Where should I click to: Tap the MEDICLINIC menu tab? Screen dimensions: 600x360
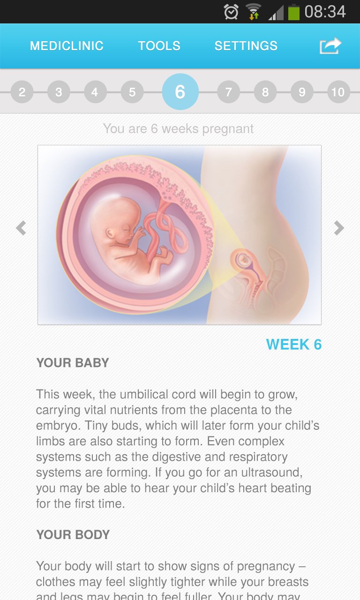pyautogui.click(x=67, y=46)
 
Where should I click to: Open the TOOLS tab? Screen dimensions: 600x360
pyautogui.click(x=159, y=46)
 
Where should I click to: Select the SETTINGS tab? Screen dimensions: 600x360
pyautogui.click(x=246, y=46)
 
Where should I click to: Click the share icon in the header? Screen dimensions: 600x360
pyautogui.click(x=330, y=46)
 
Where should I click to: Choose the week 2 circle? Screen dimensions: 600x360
pyautogui.click(x=22, y=92)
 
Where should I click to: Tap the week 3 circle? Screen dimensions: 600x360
pyautogui.click(x=59, y=92)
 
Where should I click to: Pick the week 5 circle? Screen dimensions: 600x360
pyautogui.click(x=132, y=92)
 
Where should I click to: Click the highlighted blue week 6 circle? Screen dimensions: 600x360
pyautogui.click(x=180, y=92)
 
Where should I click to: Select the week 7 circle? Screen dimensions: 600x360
pyautogui.click(x=228, y=92)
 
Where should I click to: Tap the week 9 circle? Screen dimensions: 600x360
pyautogui.click(x=302, y=92)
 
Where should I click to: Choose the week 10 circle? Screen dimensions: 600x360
pyautogui.click(x=338, y=92)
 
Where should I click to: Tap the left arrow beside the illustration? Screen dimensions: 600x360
pyautogui.click(x=21, y=228)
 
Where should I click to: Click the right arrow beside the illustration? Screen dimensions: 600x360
pyautogui.click(x=338, y=228)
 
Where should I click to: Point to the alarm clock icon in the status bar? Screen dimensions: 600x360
pyautogui.click(x=231, y=12)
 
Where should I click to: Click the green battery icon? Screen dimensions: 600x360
pyautogui.click(x=293, y=12)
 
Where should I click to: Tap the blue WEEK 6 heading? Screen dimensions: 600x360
pyautogui.click(x=294, y=345)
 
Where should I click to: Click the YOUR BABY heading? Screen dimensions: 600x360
pyautogui.click(x=73, y=363)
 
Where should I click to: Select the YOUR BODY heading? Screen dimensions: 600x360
pyautogui.click(x=73, y=535)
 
